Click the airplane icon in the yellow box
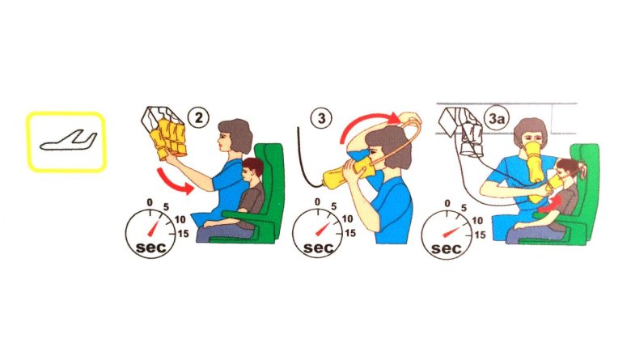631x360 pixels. tap(69, 141)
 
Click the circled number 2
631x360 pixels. tap(199, 117)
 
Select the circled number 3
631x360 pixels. tap(321, 118)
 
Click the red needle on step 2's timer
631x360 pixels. tap(155, 228)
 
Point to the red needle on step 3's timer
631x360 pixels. tap(323, 228)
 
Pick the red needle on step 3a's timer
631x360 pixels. tap(451, 232)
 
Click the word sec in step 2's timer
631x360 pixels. tap(151, 247)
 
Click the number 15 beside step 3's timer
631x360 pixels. tap(350, 233)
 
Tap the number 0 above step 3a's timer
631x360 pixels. tap(447, 204)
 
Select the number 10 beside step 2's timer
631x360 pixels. tap(180, 219)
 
